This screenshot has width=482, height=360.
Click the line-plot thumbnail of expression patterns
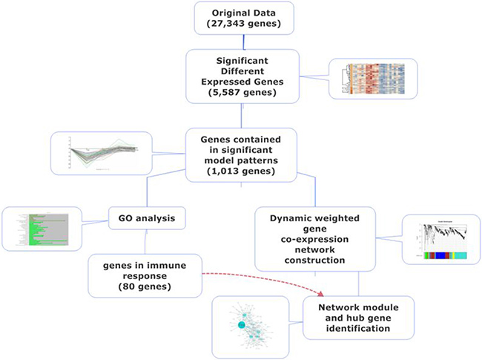100,154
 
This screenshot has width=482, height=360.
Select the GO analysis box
145,219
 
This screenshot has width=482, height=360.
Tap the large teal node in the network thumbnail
241,325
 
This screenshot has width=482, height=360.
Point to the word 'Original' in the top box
222,12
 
